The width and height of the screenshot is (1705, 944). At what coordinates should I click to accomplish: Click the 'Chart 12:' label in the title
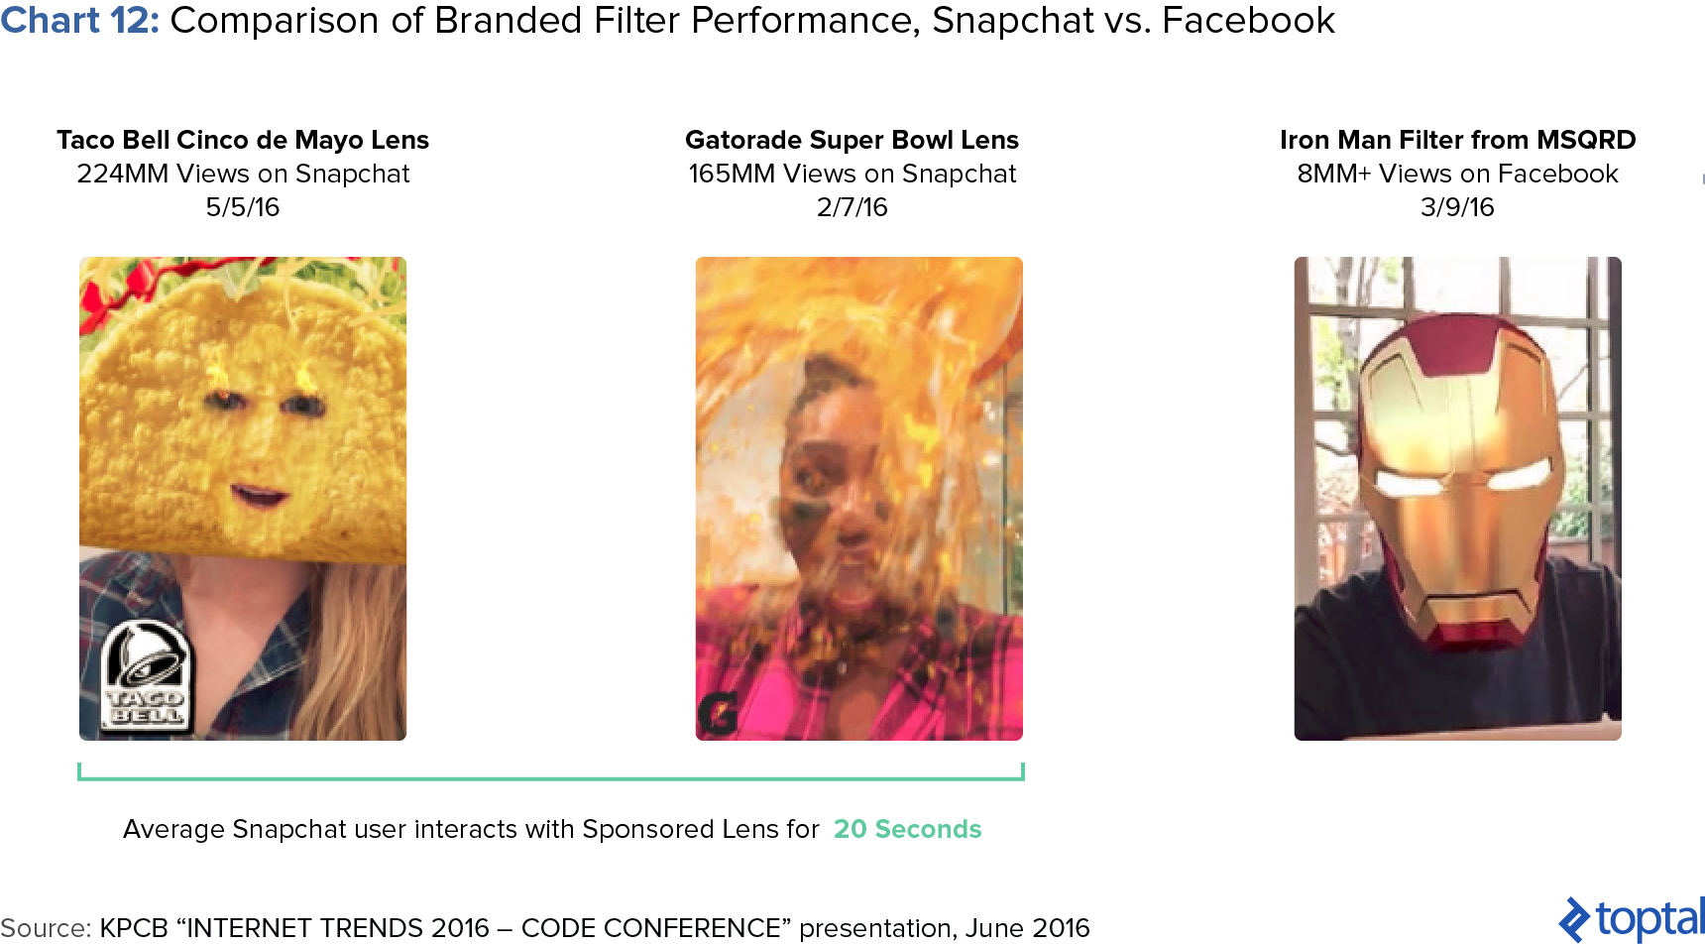pos(79,21)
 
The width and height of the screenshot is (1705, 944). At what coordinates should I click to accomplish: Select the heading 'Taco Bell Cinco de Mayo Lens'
pos(243,140)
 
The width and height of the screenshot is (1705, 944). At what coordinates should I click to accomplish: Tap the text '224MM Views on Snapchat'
pos(243,174)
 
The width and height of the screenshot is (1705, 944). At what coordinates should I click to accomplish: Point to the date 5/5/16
pos(243,207)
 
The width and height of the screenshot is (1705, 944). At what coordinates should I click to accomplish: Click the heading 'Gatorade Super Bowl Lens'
pos(852,140)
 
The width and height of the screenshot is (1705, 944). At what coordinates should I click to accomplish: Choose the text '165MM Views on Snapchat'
pos(852,174)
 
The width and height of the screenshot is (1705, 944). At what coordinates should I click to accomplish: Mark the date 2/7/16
pos(852,207)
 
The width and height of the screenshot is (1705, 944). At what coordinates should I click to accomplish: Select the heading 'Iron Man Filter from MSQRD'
pos(1457,140)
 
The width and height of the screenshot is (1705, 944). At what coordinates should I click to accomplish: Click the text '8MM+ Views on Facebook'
pos(1457,174)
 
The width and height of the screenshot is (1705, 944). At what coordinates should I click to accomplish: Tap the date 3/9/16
pos(1457,207)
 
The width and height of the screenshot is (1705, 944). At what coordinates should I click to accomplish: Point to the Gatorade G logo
pos(718,715)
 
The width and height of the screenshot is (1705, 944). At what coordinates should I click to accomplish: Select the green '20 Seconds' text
pos(907,829)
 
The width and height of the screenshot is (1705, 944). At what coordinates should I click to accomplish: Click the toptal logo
pos(1631,919)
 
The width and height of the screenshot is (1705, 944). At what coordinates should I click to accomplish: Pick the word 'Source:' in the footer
pos(46,928)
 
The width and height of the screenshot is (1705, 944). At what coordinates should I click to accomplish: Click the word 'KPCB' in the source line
pos(134,928)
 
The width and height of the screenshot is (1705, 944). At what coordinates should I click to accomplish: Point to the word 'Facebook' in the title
pos(1248,21)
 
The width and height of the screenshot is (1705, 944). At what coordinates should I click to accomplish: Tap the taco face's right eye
pos(302,405)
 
